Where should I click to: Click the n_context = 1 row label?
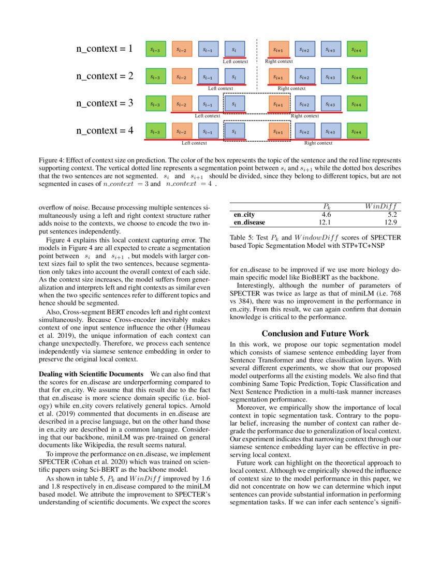tap(105, 49)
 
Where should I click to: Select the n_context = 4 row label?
tap(105, 131)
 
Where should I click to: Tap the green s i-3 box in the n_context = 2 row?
tap(155, 77)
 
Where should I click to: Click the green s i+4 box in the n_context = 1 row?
tap(356, 50)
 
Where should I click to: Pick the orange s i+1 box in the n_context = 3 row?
tap(278, 104)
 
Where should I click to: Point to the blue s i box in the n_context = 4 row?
tap(234, 131)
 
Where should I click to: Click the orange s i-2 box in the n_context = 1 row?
tap(181, 50)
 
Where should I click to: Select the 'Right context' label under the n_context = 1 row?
tap(278, 61)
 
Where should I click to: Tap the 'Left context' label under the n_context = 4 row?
tap(194, 143)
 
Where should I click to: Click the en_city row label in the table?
tap(244, 214)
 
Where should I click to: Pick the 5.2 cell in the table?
tap(391, 214)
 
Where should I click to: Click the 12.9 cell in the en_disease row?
tap(390, 222)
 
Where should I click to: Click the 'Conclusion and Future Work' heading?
tap(315, 334)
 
